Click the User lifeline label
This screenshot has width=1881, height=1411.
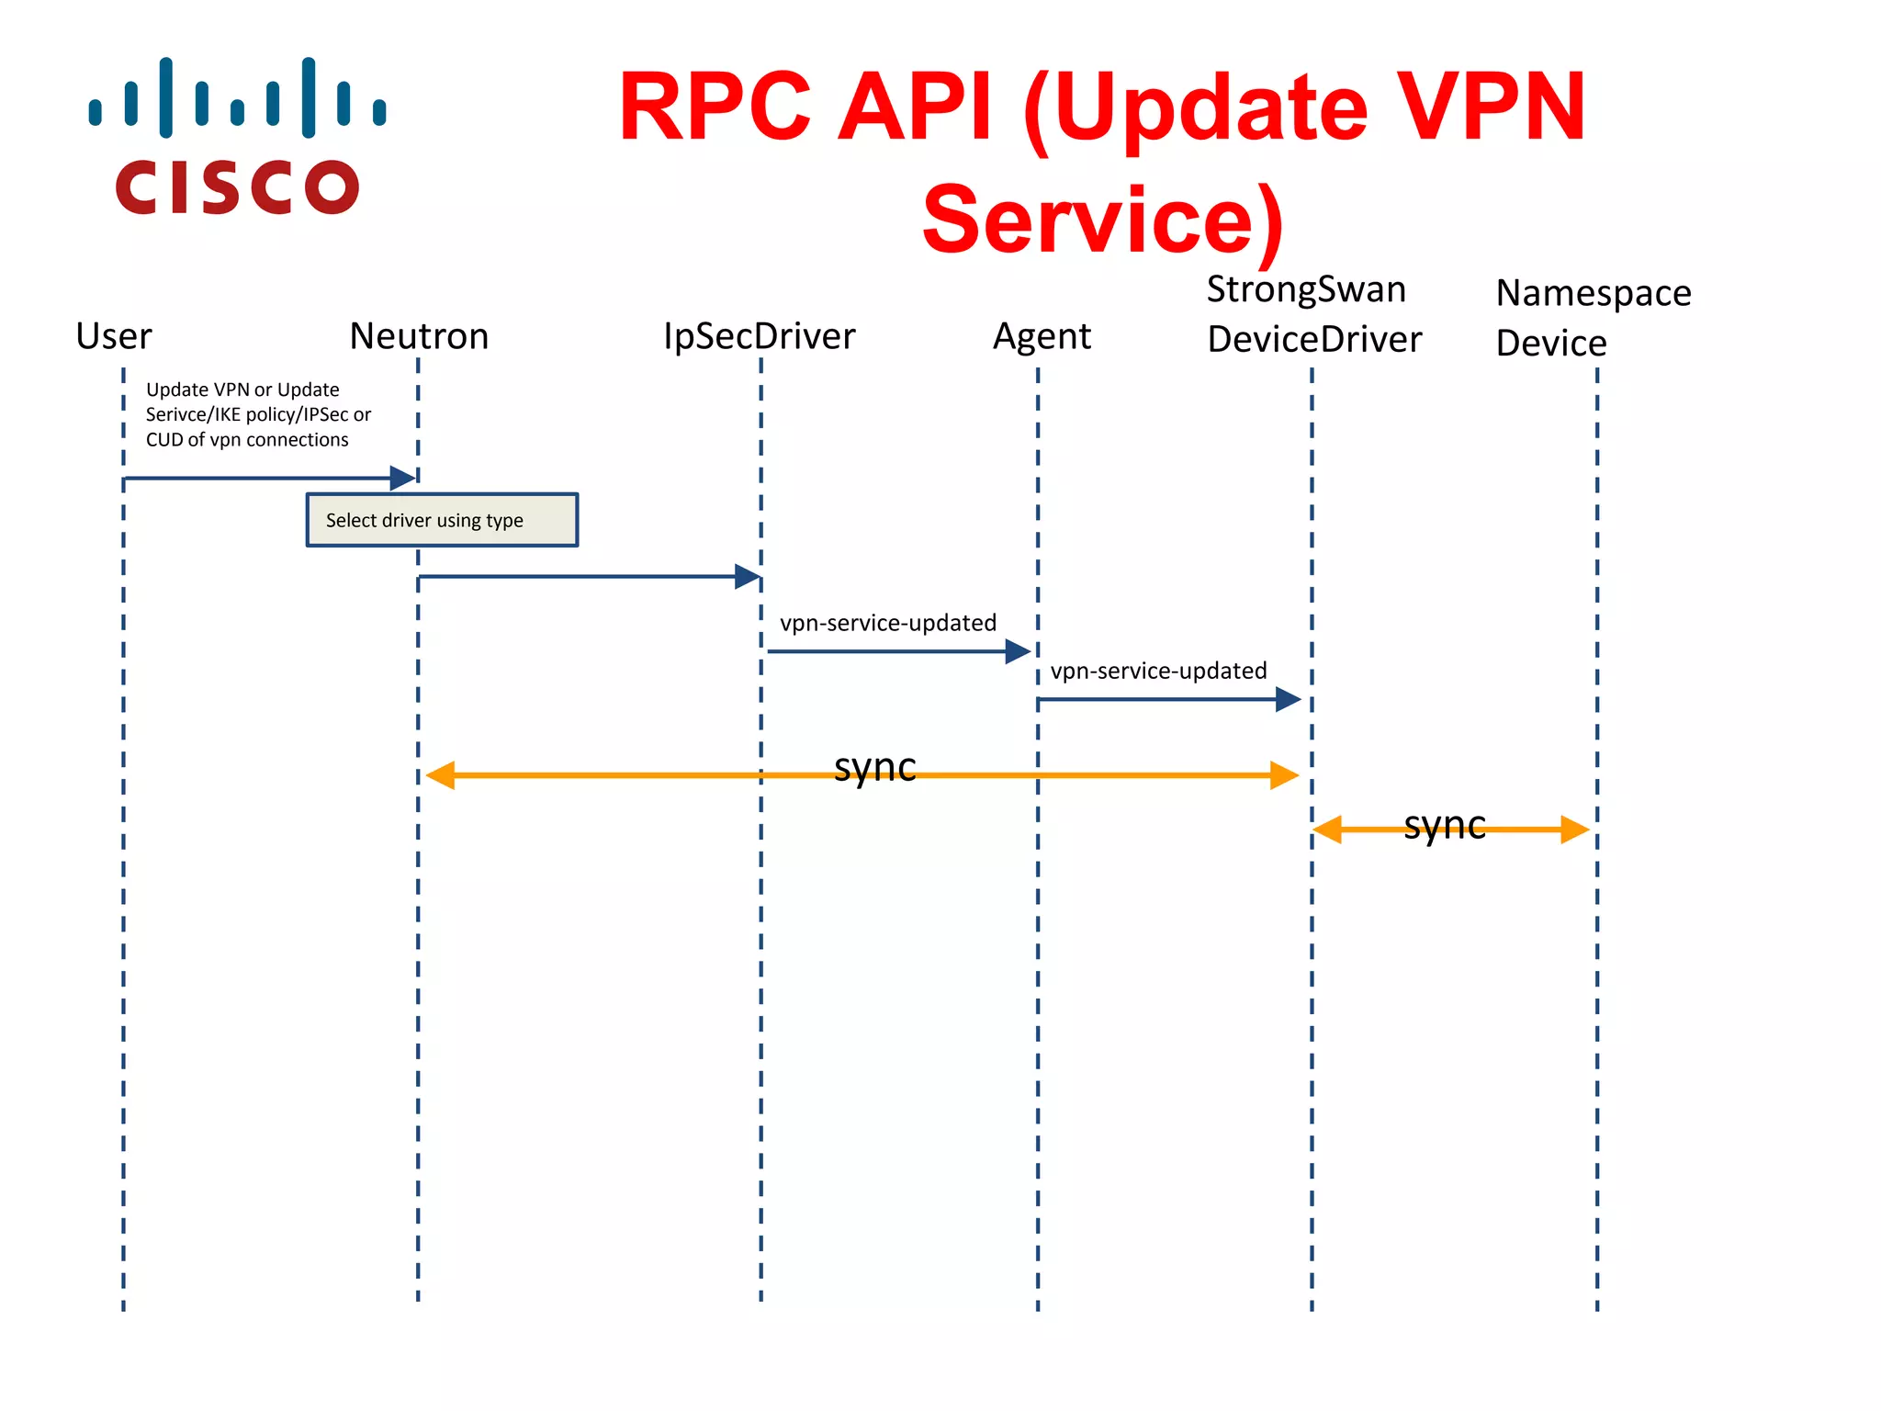click(x=114, y=336)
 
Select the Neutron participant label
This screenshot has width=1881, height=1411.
click(x=419, y=336)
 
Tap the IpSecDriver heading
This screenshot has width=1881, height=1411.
click(x=759, y=336)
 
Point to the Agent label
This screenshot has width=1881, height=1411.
click(x=1042, y=337)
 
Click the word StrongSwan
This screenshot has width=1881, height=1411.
click(x=1305, y=289)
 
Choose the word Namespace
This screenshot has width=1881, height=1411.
click(x=1593, y=293)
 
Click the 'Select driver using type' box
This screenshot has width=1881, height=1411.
click(x=442, y=520)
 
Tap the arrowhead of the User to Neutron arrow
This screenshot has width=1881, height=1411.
click(x=402, y=478)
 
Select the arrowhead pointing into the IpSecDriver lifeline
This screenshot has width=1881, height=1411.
click(x=747, y=577)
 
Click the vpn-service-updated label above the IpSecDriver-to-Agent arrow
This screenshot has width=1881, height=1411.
click(x=887, y=623)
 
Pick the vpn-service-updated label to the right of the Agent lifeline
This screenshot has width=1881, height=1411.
click(x=1158, y=671)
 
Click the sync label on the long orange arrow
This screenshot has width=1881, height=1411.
click(x=874, y=767)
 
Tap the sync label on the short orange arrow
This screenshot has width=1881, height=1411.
click(x=1444, y=825)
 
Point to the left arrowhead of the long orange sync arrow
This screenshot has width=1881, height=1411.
click(x=441, y=775)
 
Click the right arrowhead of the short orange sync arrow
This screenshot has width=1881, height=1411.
click(x=1574, y=830)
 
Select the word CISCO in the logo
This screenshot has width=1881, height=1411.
click(x=237, y=188)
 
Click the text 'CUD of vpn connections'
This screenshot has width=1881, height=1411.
click(x=247, y=440)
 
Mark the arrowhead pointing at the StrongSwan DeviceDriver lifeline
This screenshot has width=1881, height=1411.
click(x=1288, y=700)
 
